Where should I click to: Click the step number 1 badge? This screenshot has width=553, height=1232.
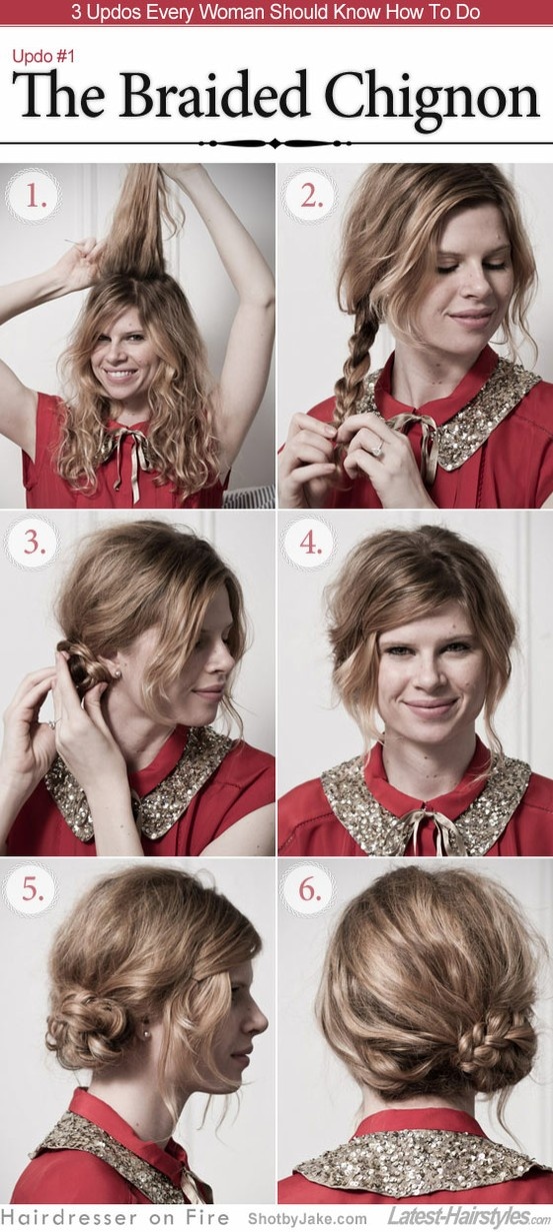tap(34, 197)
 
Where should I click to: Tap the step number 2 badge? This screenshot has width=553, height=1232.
tap(311, 197)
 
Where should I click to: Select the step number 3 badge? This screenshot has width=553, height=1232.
tap(34, 543)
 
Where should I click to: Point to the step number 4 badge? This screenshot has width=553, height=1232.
tap(310, 543)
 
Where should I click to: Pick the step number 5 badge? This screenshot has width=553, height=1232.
tap(32, 889)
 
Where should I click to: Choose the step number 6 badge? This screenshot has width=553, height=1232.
tap(309, 889)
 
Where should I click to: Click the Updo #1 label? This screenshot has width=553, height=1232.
tap(43, 56)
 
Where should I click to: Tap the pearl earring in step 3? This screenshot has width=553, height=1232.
tap(117, 672)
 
